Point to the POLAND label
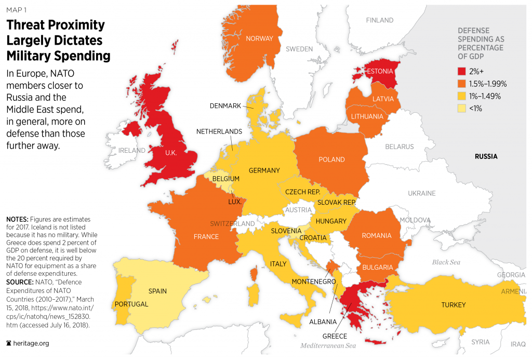[331, 159]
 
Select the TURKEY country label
[453, 304]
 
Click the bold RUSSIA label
[486, 156]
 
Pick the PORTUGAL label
[131, 304]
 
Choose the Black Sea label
[446, 262]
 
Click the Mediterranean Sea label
[327, 345]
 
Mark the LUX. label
[234, 202]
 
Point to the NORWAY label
[259, 38]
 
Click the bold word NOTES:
[19, 220]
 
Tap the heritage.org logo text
[32, 343]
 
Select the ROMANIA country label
[377, 236]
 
